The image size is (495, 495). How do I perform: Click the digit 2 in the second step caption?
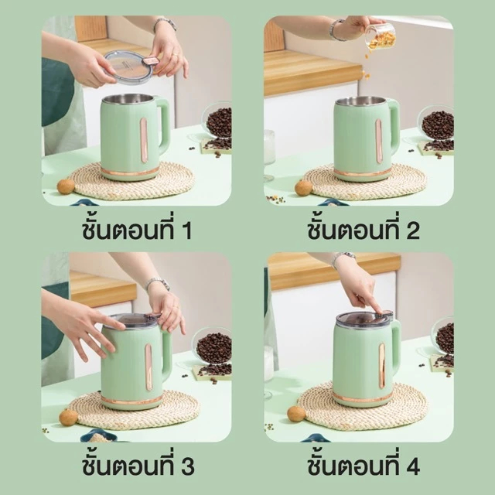coord(413,230)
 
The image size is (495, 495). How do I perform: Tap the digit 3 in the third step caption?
coord(188,466)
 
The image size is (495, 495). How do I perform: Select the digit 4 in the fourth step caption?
coord(413,466)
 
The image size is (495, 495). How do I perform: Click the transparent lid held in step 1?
coord(129,67)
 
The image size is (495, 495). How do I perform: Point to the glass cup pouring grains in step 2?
coord(380,38)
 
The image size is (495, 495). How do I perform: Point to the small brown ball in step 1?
coord(66,186)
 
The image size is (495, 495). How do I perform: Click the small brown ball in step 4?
coord(295,414)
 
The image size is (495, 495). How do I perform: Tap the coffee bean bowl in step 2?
coord(437,125)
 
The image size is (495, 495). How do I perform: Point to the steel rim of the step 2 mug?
coord(361,101)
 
